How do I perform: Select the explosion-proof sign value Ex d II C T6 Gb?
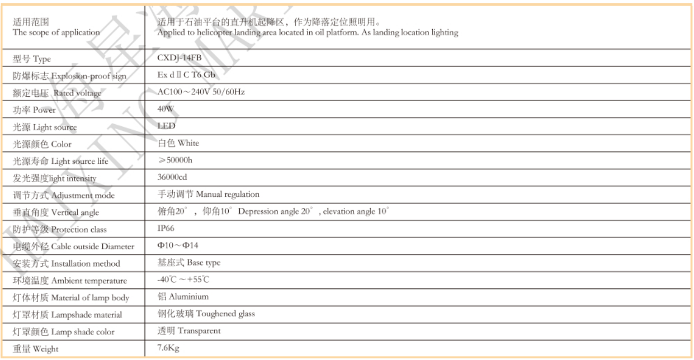pos(187,75)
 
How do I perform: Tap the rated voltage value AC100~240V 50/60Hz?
pos(201,92)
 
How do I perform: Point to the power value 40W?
pos(167,109)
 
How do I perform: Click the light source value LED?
pos(167,126)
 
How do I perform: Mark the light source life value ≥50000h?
pos(176,160)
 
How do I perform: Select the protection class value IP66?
pos(167,229)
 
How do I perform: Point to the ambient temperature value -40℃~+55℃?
pos(184,280)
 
